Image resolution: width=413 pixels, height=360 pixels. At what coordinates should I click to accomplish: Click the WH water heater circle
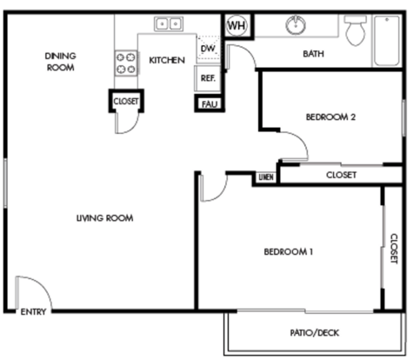[236, 25]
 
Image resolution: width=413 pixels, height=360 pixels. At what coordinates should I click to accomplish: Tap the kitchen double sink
[169, 23]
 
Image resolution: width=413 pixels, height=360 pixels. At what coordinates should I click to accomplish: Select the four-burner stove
[126, 63]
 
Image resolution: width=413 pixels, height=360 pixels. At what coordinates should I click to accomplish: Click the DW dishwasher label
[208, 49]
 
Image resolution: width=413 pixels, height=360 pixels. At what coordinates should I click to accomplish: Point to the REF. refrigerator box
[208, 78]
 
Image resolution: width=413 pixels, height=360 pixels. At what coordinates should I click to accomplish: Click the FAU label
[210, 104]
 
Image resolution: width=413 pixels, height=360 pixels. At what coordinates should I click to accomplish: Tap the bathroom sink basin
[296, 24]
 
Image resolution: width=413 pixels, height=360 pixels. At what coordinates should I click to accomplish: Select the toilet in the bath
[356, 30]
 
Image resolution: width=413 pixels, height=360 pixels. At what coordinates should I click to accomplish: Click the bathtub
[387, 41]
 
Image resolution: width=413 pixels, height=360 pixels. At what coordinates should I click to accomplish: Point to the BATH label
[313, 54]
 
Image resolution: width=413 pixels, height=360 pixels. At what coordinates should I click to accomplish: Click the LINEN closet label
[266, 177]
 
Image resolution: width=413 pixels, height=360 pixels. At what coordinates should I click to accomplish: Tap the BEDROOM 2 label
[330, 117]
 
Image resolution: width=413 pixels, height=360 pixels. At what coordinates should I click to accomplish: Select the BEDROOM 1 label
[289, 251]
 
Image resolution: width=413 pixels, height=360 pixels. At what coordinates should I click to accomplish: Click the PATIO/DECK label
[315, 332]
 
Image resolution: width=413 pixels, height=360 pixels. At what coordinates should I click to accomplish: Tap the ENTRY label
[33, 312]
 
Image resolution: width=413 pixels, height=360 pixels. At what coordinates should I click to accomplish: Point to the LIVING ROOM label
[104, 218]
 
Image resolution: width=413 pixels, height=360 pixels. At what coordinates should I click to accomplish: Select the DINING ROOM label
[61, 62]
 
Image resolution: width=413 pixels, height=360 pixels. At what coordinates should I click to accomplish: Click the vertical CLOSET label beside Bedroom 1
[394, 249]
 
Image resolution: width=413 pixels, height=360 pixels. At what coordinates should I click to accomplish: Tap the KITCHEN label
[167, 60]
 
